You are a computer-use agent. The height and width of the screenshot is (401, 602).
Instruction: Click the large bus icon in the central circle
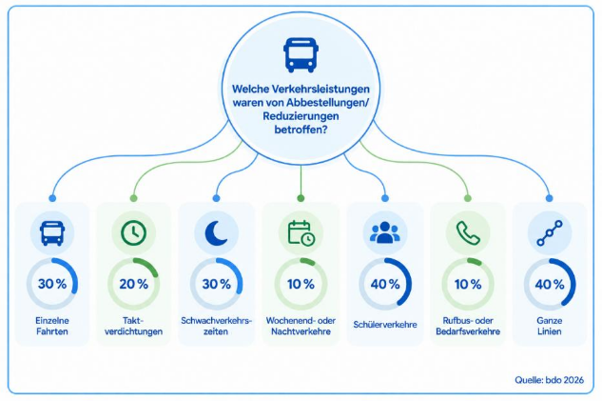coord(301,55)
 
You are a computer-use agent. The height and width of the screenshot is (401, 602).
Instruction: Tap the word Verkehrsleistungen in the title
coord(320,89)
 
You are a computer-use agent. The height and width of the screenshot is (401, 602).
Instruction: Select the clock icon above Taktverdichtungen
coord(133,233)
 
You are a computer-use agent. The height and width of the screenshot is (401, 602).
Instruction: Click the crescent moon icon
coord(217,233)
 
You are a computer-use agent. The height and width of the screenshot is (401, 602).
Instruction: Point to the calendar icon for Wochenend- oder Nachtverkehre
coord(301,233)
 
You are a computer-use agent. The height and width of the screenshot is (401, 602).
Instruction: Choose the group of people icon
coord(385,232)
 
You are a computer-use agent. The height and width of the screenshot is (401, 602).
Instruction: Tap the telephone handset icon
coord(468,233)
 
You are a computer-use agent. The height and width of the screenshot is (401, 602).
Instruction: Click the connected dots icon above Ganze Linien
coord(550,233)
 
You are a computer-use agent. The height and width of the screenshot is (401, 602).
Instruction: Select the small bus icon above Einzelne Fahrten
coord(52,233)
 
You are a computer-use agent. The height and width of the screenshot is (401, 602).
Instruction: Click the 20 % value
coord(133,284)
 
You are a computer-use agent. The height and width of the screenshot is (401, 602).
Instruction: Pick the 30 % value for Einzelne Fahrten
coord(52,284)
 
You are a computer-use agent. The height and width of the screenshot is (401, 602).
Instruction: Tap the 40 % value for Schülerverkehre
coord(385,284)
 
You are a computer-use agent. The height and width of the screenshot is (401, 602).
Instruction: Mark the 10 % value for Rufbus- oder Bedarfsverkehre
coord(468,284)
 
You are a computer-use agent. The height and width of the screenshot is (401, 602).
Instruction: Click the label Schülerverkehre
coord(385,325)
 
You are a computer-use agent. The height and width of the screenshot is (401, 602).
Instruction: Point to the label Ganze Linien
coord(550,326)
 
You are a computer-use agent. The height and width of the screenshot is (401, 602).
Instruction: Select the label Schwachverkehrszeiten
coord(216,326)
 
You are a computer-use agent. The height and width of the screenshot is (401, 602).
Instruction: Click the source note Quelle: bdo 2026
coord(549,380)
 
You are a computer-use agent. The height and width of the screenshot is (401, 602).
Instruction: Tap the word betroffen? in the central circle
coord(301,130)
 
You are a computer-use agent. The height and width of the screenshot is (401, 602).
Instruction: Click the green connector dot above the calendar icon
coord(301,198)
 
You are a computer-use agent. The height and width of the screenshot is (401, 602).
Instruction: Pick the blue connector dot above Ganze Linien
coord(550,198)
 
